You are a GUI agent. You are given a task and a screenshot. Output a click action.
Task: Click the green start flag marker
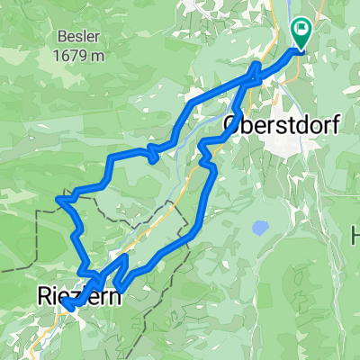point(301,34)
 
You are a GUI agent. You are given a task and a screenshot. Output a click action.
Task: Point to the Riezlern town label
point(79,293)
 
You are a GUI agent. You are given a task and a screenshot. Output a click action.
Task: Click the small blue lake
point(259,227)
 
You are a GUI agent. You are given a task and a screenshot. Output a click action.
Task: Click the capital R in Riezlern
point(46,293)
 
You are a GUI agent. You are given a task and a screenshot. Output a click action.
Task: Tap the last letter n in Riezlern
point(115,294)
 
